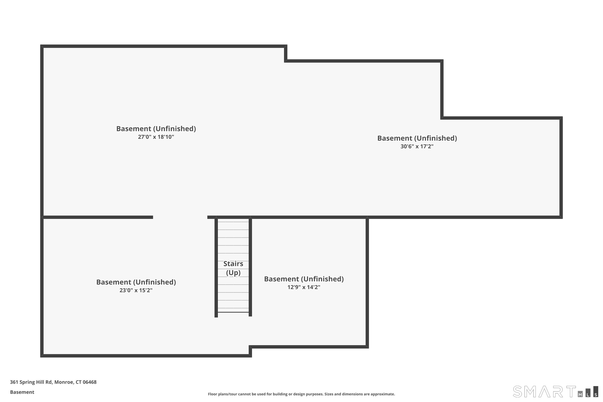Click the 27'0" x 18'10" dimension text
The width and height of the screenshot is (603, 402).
[x=156, y=137]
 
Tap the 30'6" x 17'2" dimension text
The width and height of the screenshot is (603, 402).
[x=417, y=146]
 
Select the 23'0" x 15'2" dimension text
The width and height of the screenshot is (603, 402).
[x=136, y=290]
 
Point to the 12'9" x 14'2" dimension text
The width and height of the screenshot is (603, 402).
[x=304, y=287]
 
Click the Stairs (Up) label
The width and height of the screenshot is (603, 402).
[x=233, y=268]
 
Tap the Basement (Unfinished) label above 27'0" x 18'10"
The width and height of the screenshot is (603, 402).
[x=156, y=128]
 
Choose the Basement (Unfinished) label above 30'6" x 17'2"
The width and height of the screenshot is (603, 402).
[x=417, y=138]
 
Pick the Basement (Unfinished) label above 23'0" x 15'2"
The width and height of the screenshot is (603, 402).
[x=136, y=282]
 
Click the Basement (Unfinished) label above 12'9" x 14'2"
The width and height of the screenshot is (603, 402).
[x=304, y=279]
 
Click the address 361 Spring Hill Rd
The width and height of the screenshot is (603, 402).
[x=31, y=382]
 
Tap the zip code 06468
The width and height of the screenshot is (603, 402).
[x=89, y=382]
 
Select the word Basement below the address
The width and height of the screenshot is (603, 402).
[x=22, y=392]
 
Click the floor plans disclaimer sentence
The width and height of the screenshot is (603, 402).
[x=301, y=394]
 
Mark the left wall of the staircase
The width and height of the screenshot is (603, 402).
[x=216, y=267]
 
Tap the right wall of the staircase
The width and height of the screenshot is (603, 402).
[x=250, y=267]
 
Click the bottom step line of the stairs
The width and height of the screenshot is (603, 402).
[x=233, y=312]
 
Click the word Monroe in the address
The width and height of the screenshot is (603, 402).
[x=64, y=382]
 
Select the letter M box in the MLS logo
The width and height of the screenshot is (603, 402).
[x=580, y=394]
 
